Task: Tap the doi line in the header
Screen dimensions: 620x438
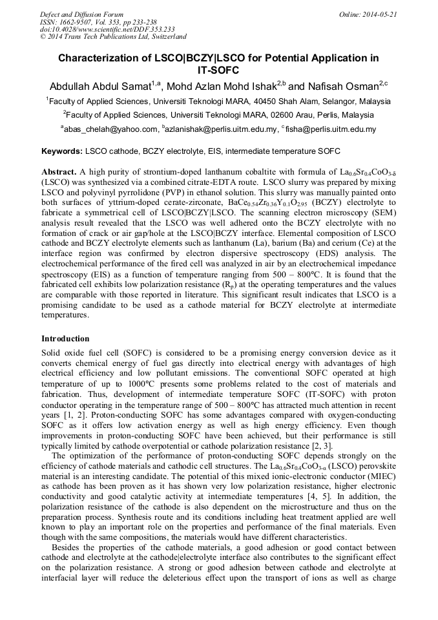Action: [x=107, y=30]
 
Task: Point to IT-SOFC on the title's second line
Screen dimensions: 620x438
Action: [x=218, y=70]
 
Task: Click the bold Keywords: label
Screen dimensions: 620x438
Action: [x=61, y=151]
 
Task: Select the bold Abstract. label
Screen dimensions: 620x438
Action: [x=59, y=173]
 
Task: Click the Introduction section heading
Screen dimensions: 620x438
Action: [x=65, y=339]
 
